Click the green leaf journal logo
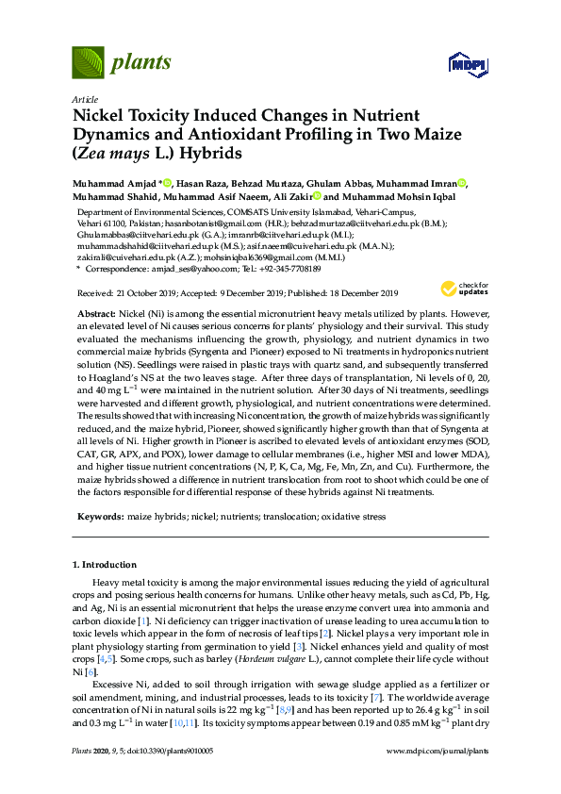coord(88,63)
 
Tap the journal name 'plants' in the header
coord(140,63)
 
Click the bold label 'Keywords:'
coord(99,517)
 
